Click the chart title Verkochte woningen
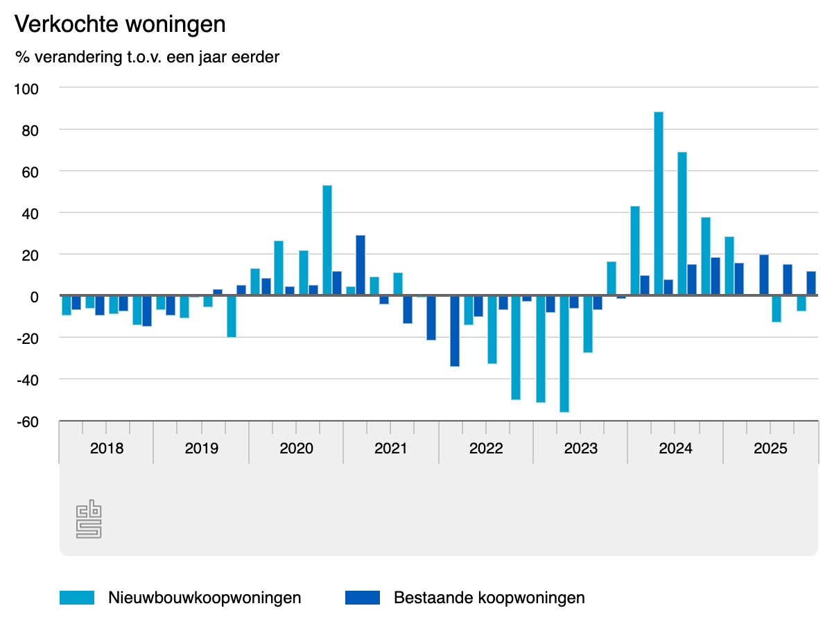tap(120, 24)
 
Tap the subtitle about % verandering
tap(147, 57)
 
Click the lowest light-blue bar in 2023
tap(564, 354)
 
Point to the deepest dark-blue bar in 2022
tap(455, 331)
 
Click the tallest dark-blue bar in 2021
tap(361, 266)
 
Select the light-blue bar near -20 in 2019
tap(232, 316)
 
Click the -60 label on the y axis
tap(28, 422)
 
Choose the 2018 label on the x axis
tap(107, 448)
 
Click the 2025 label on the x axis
tap(770, 448)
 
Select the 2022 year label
tap(486, 448)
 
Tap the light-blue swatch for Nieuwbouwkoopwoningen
tap(76, 598)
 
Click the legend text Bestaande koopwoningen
tap(489, 598)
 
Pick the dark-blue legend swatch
tap(362, 598)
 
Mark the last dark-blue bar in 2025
tap(811, 283)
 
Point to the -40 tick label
tap(28, 379)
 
